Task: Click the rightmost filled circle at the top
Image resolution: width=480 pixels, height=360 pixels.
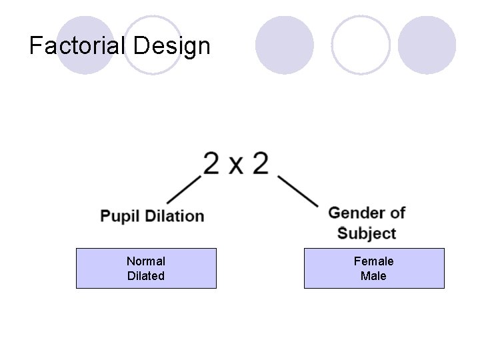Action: coord(427,45)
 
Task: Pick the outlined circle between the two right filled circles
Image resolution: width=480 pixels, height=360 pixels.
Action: coord(361,45)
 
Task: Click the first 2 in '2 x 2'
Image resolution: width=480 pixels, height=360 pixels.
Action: coord(212,163)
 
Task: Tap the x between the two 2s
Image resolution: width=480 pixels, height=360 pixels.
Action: coord(236,166)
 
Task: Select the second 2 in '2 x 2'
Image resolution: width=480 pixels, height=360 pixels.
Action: coord(260,163)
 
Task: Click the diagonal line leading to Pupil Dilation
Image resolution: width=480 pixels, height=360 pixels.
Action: coord(184,189)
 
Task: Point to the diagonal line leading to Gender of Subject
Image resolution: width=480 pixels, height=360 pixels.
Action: coord(297,192)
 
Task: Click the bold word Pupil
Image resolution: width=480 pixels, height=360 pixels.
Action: coord(119,216)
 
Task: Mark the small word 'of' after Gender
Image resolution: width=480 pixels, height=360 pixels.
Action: coord(397,213)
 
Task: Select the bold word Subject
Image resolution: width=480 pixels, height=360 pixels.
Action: coord(367,233)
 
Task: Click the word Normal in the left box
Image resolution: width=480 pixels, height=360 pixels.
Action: coord(146,261)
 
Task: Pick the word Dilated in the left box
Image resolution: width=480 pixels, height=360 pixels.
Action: coord(146,275)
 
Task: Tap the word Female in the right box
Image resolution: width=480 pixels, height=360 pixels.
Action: coord(373,261)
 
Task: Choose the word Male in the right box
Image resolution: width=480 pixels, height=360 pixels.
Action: coord(373,275)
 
